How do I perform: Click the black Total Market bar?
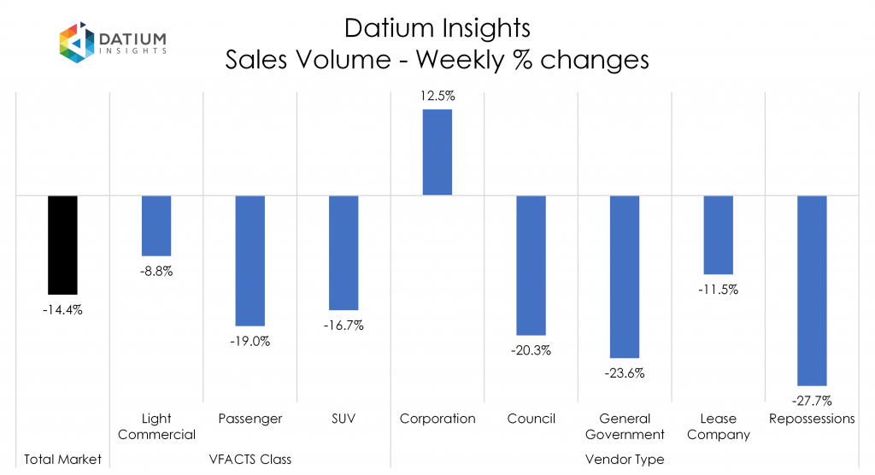pos(62,245)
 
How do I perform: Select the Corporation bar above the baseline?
pos(437,152)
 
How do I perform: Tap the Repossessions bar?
pos(811,290)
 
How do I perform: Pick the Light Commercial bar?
pos(156,226)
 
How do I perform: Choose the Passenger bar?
pos(250,261)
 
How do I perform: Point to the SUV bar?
pos(344,253)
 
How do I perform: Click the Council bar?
pos(531,265)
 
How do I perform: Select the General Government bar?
pos(624,276)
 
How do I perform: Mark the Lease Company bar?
pos(718,234)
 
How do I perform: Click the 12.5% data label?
pos(437,97)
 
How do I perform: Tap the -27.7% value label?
pos(811,400)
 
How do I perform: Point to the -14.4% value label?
pos(62,310)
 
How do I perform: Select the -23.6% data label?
pos(624,372)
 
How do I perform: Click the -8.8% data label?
pos(156,272)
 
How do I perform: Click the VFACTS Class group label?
pos(250,460)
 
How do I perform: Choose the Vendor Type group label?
pos(624,460)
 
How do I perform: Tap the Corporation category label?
pos(437,419)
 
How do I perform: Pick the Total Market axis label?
pos(62,460)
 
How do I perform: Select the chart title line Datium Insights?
pos(437,28)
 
